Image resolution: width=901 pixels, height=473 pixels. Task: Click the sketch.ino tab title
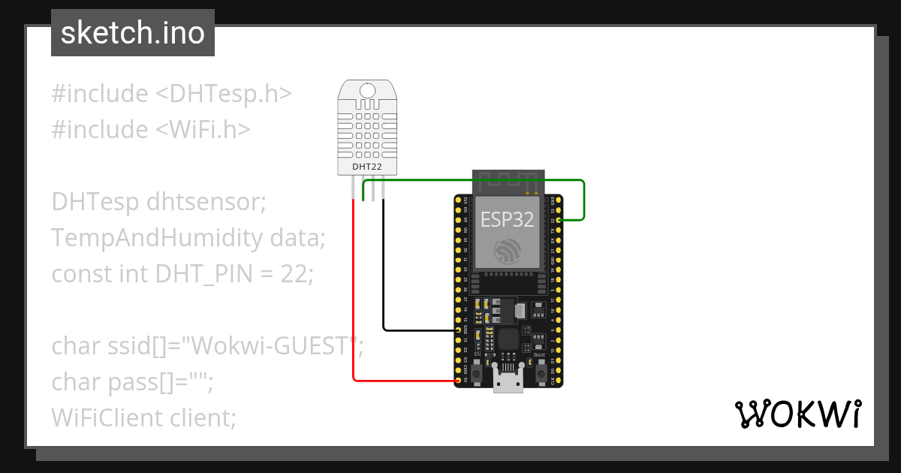point(132,33)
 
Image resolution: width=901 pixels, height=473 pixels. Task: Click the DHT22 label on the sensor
point(366,166)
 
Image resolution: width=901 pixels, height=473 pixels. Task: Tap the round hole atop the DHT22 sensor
point(366,92)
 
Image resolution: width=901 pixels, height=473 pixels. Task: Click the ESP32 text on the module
point(507,219)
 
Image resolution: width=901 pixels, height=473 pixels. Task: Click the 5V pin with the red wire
point(460,381)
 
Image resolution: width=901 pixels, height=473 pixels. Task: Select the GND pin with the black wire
point(460,330)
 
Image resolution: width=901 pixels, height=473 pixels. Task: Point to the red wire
point(353,300)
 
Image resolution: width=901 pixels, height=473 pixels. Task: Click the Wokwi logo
point(797,414)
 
